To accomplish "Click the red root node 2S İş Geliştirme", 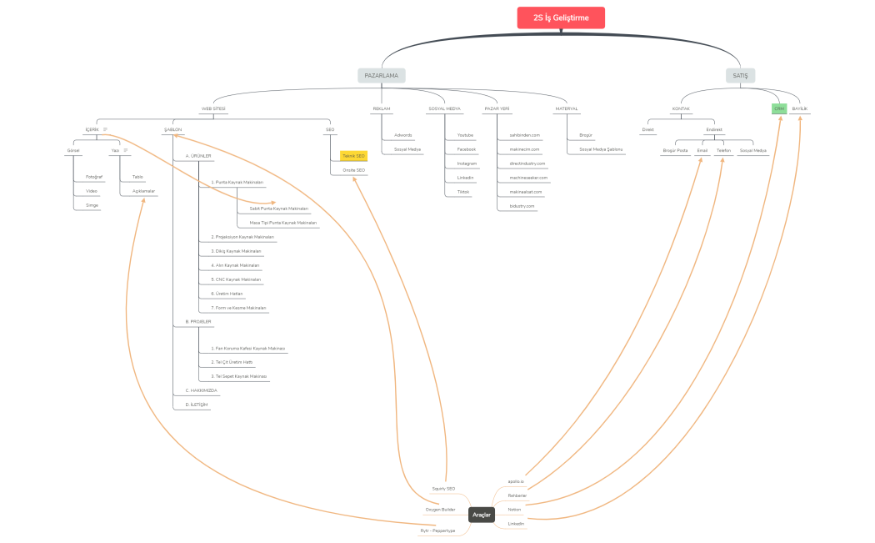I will click(560, 18).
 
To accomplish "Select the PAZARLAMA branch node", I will click(382, 75).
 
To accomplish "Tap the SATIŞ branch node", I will click(740, 75).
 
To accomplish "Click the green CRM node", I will click(779, 108).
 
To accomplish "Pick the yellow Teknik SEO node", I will click(354, 155).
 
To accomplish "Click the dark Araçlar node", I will click(482, 515).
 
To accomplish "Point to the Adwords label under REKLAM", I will click(403, 134).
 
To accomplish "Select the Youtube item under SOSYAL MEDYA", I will click(465, 134).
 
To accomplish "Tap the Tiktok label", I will click(463, 191).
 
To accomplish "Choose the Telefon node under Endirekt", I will click(723, 150).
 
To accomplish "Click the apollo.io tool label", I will click(516, 481).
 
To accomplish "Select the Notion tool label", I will click(514, 509).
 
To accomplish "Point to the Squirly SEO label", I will click(443, 488).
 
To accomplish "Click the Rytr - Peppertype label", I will click(438, 530).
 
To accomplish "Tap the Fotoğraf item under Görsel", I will click(94, 177).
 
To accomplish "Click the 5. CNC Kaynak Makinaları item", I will click(236, 279).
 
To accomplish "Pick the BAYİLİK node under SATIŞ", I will click(800, 108).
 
